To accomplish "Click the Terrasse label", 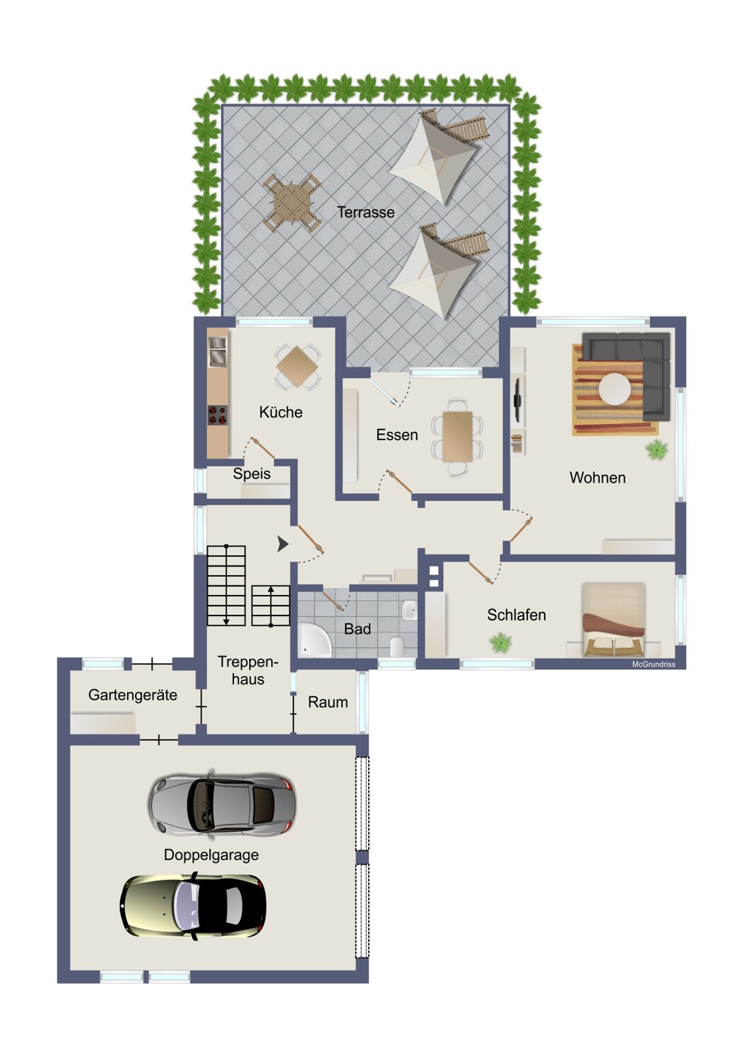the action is (x=365, y=212).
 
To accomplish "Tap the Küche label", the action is (x=281, y=412).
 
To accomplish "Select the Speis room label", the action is (x=252, y=473).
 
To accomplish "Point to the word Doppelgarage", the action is (x=211, y=855).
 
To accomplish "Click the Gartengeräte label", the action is (x=132, y=695).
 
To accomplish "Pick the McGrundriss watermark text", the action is (x=654, y=664).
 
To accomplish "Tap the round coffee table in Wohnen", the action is (x=614, y=389).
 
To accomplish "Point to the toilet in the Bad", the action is (x=396, y=647).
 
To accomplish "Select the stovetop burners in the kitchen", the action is (x=217, y=415).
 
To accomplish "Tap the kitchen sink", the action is (x=218, y=352).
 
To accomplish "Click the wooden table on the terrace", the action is (x=293, y=203).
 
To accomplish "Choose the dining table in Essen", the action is (x=457, y=436).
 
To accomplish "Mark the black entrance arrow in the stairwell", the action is (x=283, y=544).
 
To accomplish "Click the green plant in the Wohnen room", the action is (x=656, y=449).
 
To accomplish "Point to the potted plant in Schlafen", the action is (x=501, y=643).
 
